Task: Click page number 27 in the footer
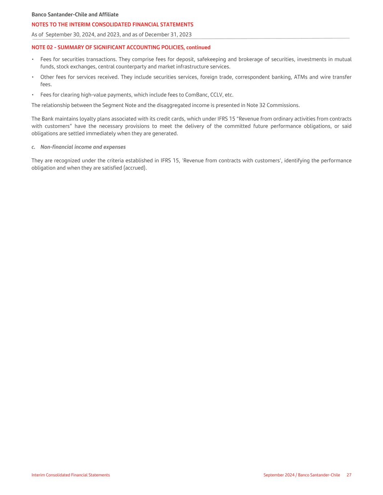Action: (x=349, y=475)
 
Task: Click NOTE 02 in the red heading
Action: (x=42, y=48)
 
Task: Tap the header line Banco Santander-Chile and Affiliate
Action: (x=75, y=15)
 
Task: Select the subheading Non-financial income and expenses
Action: (x=83, y=147)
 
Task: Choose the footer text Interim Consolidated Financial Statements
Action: (x=70, y=475)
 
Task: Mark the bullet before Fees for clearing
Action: (x=33, y=95)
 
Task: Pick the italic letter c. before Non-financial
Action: (x=33, y=147)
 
